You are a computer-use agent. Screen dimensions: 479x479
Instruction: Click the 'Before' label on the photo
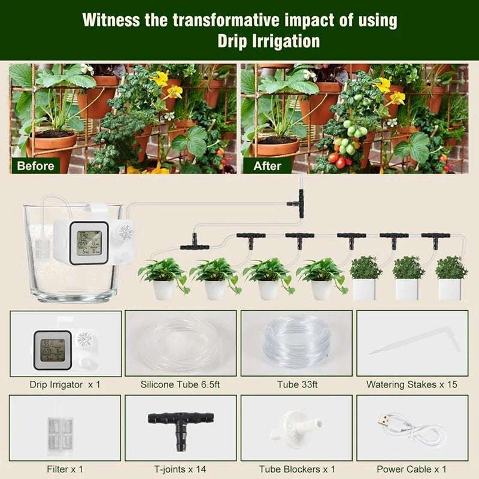(x=35, y=165)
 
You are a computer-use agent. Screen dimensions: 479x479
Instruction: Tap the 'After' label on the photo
(x=267, y=165)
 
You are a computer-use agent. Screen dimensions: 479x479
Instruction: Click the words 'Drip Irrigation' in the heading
(x=268, y=41)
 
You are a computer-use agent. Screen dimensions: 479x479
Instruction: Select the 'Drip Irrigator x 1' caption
(x=65, y=384)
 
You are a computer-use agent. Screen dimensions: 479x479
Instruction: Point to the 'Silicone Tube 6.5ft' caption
(x=180, y=384)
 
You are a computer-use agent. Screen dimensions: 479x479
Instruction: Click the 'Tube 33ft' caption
(x=297, y=384)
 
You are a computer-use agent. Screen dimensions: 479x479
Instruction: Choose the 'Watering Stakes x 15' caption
(x=412, y=384)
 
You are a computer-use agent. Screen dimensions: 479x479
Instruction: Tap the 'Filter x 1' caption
(x=65, y=469)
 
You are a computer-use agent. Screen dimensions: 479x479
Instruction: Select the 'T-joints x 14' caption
(x=180, y=469)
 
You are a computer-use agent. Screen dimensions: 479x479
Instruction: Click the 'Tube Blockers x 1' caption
(x=297, y=469)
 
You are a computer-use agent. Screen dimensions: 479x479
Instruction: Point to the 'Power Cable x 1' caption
(x=412, y=469)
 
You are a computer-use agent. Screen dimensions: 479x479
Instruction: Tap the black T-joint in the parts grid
(x=179, y=423)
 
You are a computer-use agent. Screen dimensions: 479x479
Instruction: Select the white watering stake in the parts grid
(x=413, y=342)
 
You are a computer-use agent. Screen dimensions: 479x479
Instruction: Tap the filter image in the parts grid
(x=60, y=429)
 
